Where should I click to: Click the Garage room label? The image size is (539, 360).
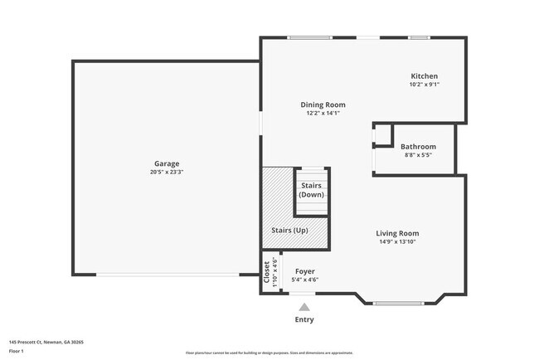pos(166,163)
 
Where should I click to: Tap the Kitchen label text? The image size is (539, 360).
pos(424,76)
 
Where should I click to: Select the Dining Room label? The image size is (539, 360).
pos(323,105)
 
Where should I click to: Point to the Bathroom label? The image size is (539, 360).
pos(418,147)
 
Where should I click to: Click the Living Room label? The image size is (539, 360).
pos(398,234)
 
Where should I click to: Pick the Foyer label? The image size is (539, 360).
pos(304,271)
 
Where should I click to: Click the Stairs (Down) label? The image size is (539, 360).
pos(312,189)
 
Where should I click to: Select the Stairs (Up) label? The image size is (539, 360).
pos(289,230)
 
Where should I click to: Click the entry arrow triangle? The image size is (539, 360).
pos(304,307)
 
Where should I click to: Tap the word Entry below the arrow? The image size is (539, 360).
pos(304,319)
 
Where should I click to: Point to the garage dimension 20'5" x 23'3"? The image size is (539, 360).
pos(166,173)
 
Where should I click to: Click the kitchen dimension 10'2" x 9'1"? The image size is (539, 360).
pos(424,85)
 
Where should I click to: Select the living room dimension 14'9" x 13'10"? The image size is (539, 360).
pos(398,242)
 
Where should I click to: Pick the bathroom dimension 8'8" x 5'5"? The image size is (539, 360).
pos(418,155)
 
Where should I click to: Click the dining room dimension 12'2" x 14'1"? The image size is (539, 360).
pos(323,113)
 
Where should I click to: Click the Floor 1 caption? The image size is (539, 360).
pos(17,351)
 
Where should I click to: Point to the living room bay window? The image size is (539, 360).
pos(400,303)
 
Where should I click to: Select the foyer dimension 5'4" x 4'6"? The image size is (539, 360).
pos(304,280)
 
